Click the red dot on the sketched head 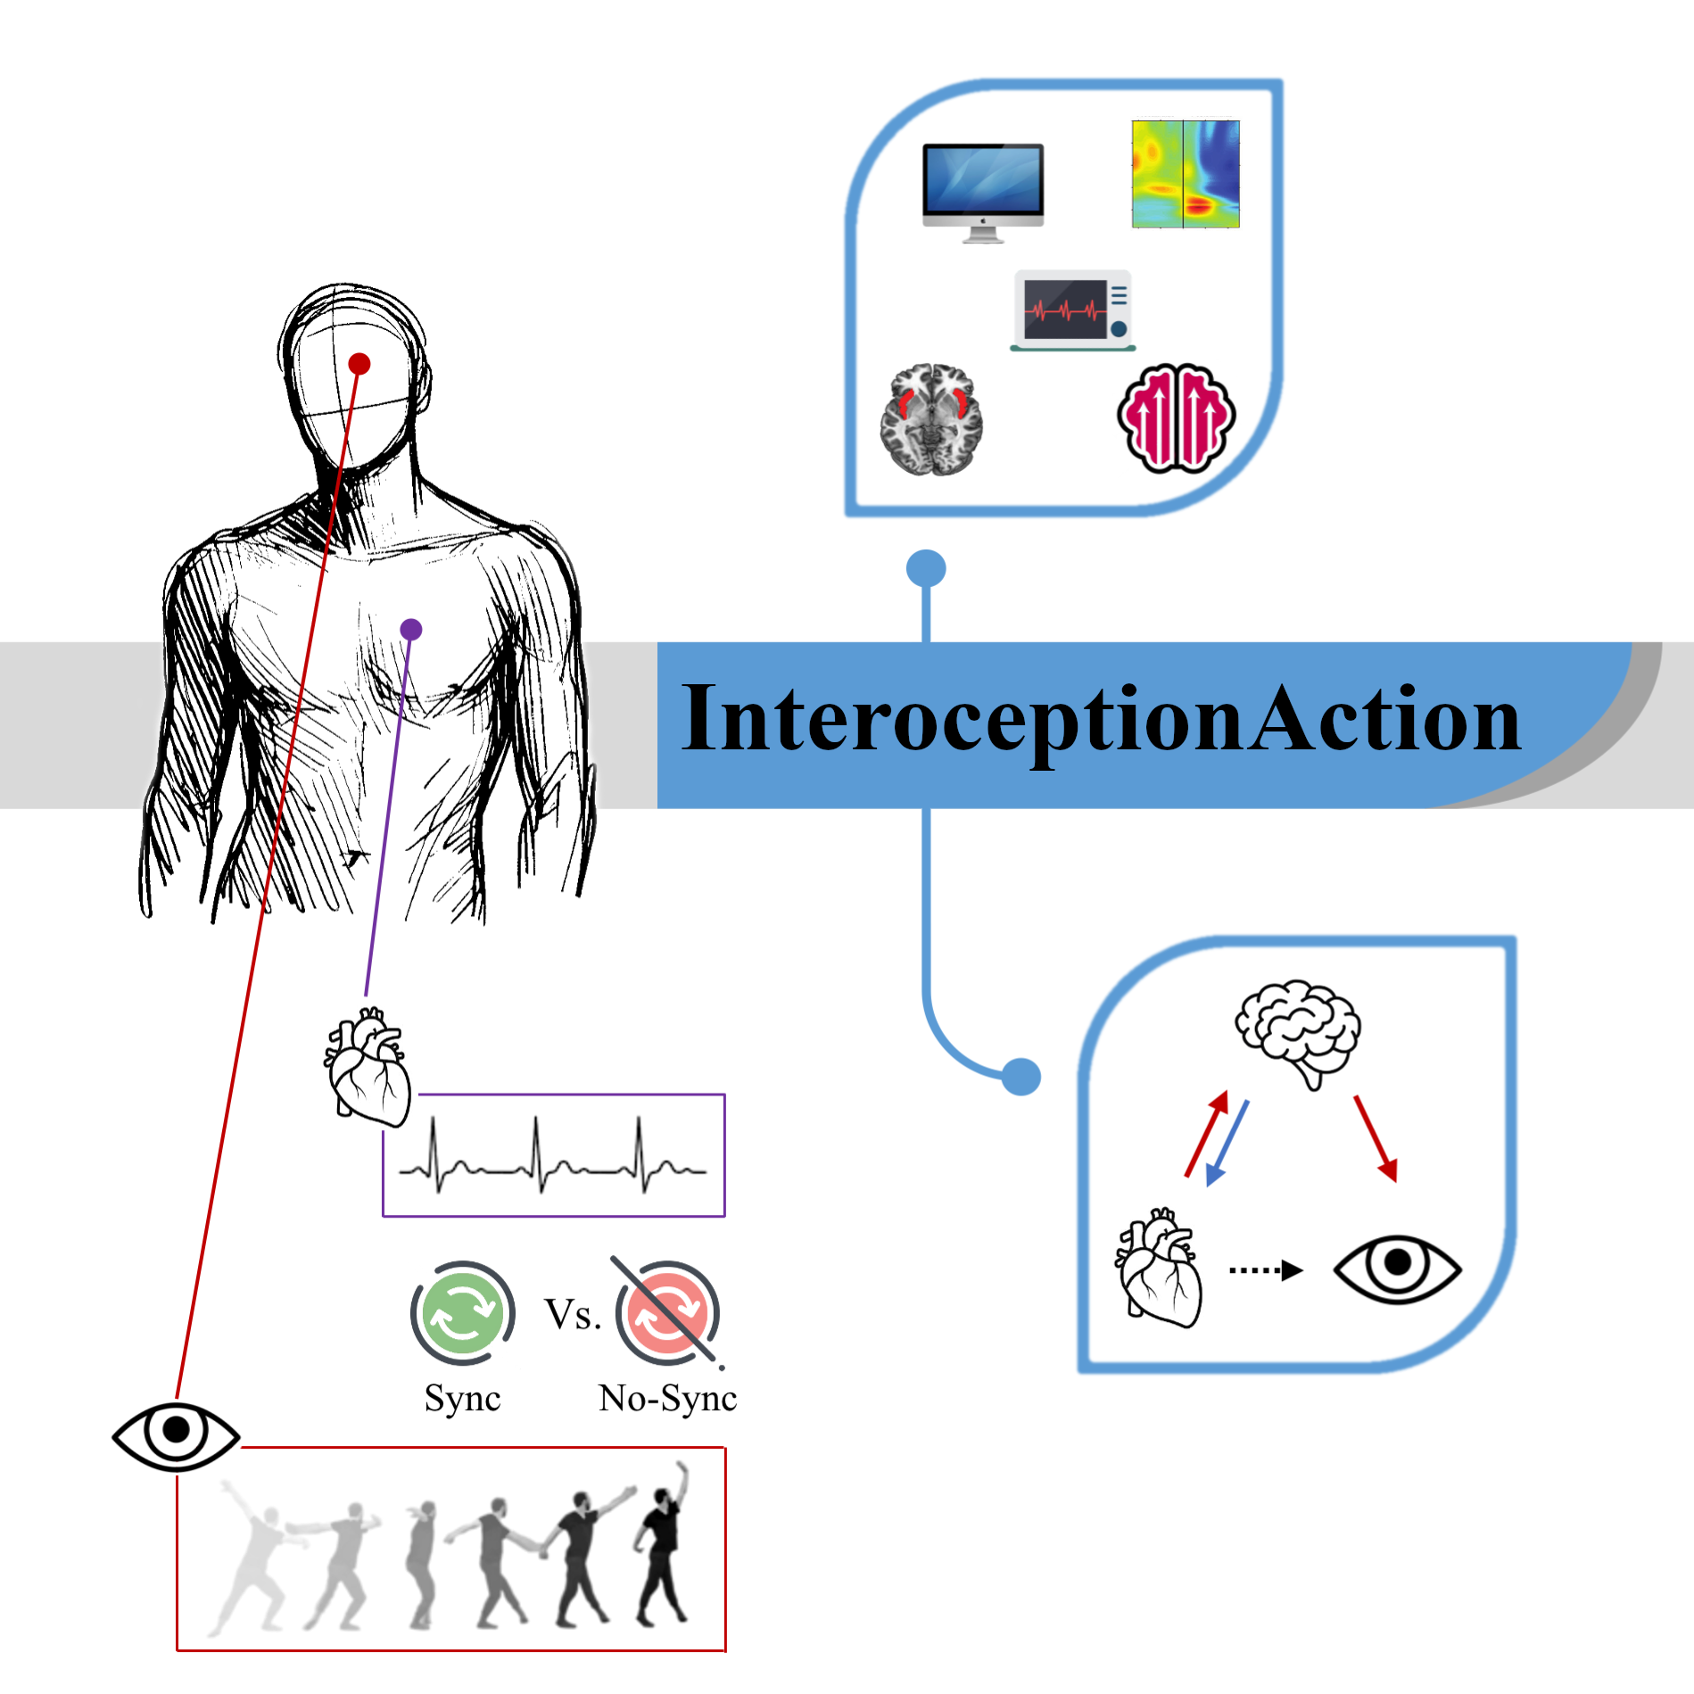click(359, 364)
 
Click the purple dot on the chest click(411, 630)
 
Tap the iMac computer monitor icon click(983, 192)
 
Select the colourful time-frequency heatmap click(1186, 175)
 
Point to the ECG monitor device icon click(1073, 310)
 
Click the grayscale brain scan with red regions click(931, 419)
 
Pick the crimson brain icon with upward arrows click(1177, 417)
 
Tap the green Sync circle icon click(462, 1312)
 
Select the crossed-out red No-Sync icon click(667, 1312)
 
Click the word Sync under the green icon click(462, 1398)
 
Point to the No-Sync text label click(667, 1398)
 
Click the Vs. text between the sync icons click(573, 1314)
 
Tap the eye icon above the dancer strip click(176, 1430)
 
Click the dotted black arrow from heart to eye click(1266, 1270)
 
